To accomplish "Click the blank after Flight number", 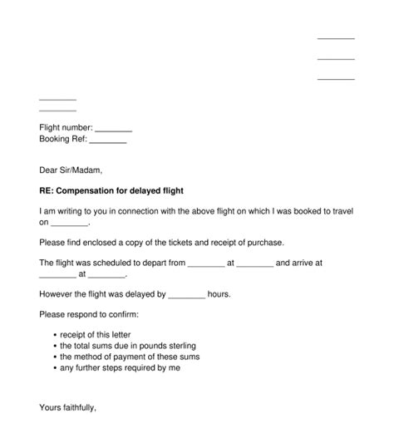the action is [x=114, y=128].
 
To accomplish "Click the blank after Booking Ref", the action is [x=108, y=140].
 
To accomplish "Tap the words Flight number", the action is [x=66, y=127].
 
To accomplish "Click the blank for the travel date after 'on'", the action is [x=69, y=224].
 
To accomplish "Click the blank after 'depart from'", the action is [x=206, y=263].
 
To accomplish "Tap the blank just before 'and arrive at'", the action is [x=255, y=263].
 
